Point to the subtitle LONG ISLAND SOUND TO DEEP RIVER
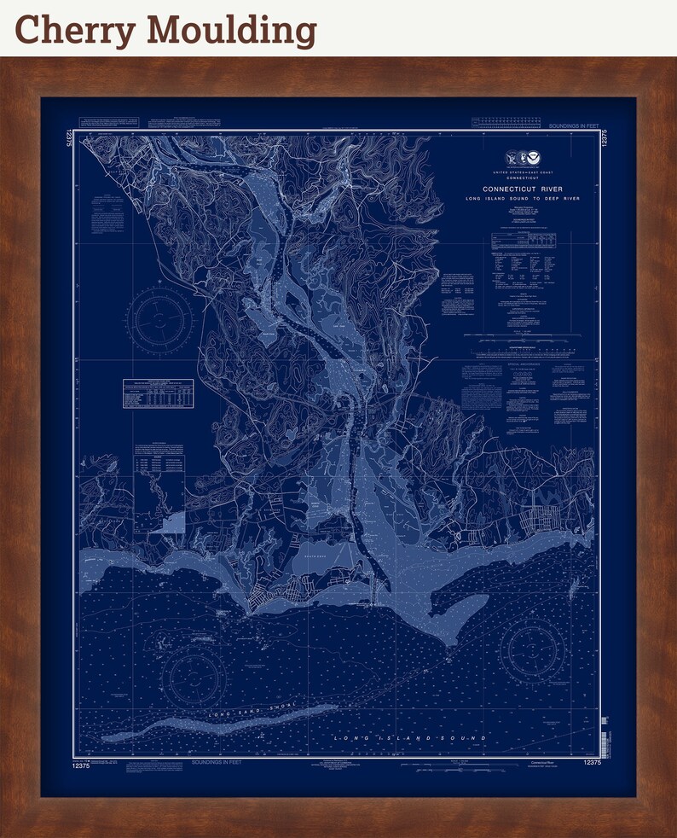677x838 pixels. tap(523, 198)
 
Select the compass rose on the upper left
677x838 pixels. tap(160, 320)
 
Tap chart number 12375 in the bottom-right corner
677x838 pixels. tap(587, 762)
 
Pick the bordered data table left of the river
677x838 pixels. tap(159, 394)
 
